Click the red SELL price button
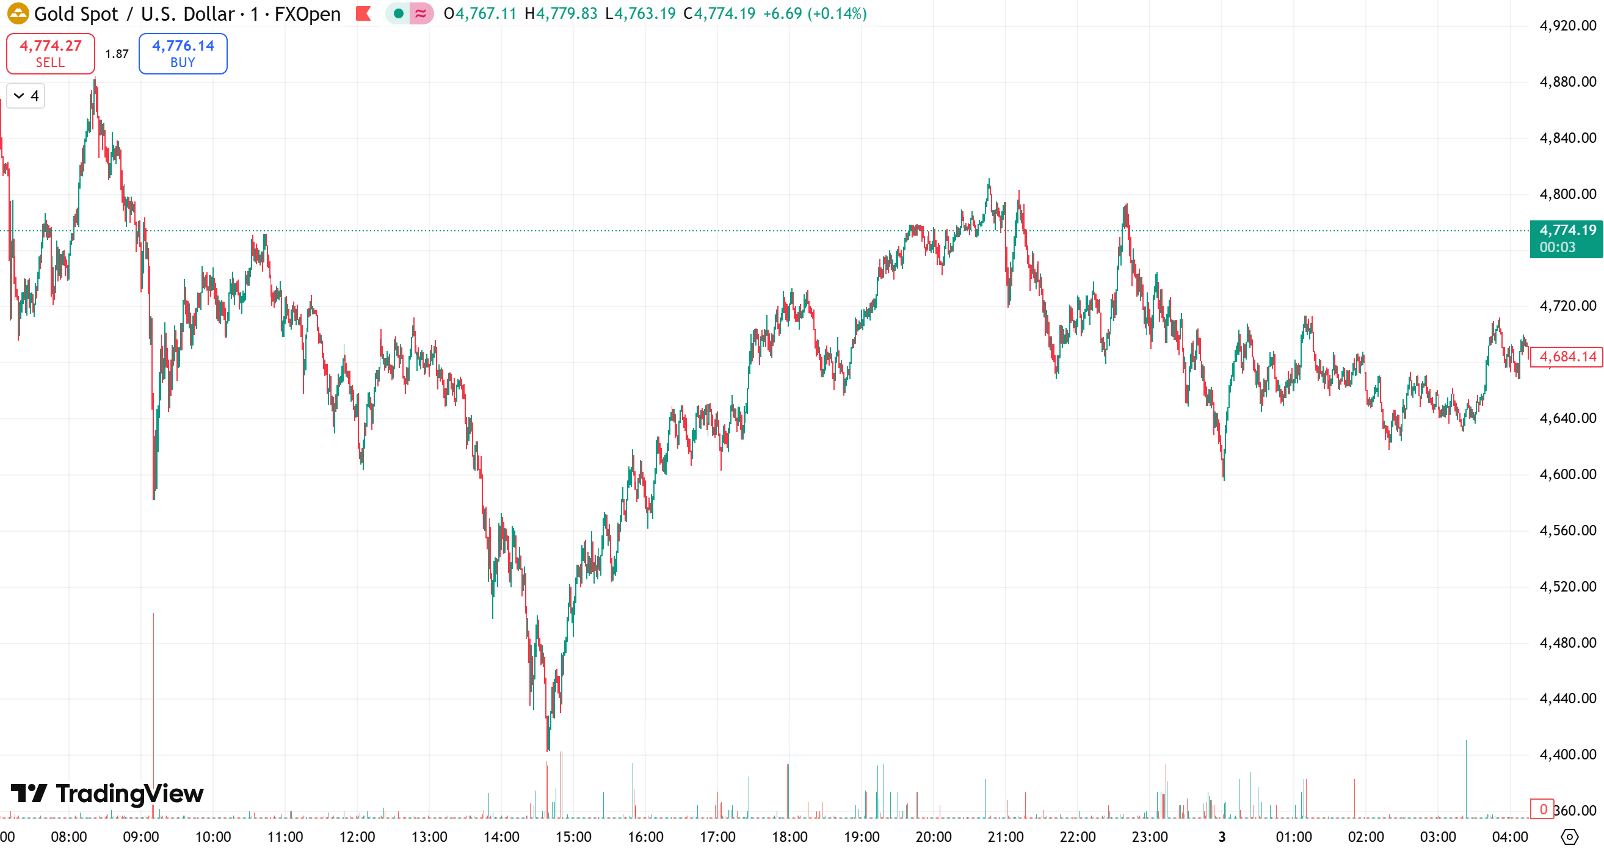click(51, 54)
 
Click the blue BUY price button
click(183, 54)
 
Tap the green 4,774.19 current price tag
click(1566, 239)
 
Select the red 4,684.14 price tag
click(1567, 357)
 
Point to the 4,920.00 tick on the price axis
click(1567, 26)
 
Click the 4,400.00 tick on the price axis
click(1567, 755)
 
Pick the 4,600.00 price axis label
click(1567, 474)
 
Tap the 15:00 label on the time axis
click(573, 837)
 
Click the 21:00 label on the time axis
click(1005, 837)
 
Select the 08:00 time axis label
click(68, 837)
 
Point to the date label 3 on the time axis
click(1222, 837)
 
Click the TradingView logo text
click(129, 794)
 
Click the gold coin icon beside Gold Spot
click(18, 13)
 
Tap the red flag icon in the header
click(364, 13)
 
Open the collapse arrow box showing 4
click(26, 96)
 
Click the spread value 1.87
click(117, 54)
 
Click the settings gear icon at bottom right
click(1569, 837)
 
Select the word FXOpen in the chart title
click(308, 13)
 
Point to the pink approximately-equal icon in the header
click(421, 13)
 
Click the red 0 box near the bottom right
click(1542, 809)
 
